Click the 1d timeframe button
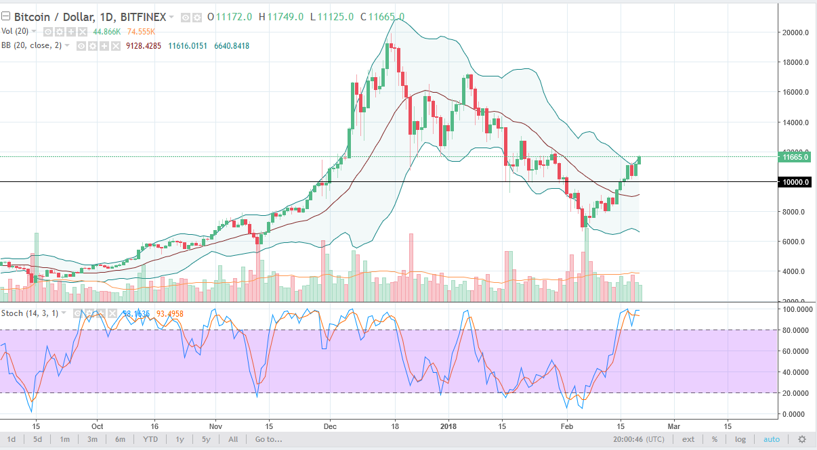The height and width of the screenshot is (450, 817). point(12,439)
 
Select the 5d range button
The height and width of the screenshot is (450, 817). point(38,439)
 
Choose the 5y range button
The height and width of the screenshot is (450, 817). point(207,439)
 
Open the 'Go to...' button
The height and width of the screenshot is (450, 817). point(268,439)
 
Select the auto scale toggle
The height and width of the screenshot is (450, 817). point(772,439)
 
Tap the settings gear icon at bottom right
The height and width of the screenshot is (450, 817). point(802,439)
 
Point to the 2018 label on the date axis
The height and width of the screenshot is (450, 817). point(449,426)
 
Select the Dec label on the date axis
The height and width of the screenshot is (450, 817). point(331,426)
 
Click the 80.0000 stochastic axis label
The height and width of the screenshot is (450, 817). point(797,330)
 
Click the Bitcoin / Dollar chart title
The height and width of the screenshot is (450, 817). point(55,17)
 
